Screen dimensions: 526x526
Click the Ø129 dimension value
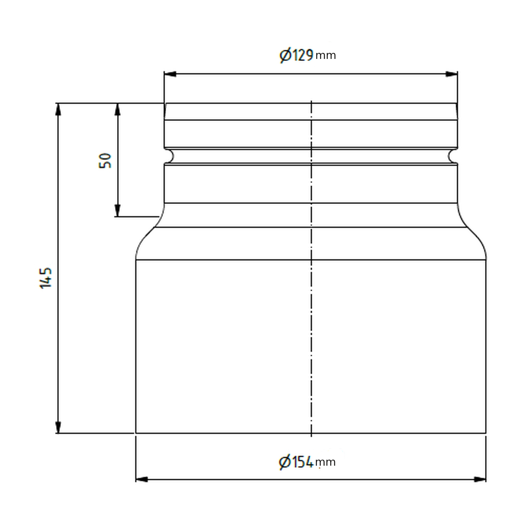click(x=296, y=55)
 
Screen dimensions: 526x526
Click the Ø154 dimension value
click(x=296, y=462)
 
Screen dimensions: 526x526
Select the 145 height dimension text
click(x=46, y=278)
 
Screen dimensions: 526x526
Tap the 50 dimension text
click(x=106, y=161)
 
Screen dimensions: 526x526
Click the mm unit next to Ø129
click(x=325, y=56)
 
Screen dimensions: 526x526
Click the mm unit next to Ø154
click(x=325, y=462)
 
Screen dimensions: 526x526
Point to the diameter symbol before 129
click(x=285, y=55)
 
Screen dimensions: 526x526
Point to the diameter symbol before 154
click(x=284, y=462)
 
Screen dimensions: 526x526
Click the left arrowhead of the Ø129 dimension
click(x=170, y=74)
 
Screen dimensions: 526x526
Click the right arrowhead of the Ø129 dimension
click(x=452, y=74)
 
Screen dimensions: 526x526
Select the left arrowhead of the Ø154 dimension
click(x=141, y=479)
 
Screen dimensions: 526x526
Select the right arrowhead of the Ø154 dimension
click(x=480, y=479)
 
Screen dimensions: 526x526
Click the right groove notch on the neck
click(x=452, y=156)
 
